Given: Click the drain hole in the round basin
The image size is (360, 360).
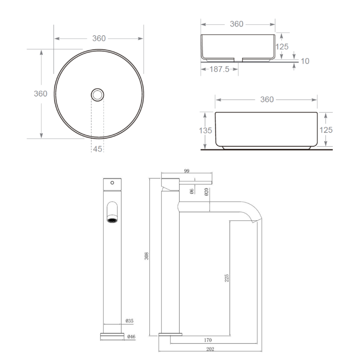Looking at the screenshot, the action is (97, 95).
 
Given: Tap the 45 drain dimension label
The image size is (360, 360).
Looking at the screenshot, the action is (97, 149).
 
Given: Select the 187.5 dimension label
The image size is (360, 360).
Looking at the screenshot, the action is (219, 69).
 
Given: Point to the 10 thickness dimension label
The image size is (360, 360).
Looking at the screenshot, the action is (305, 61).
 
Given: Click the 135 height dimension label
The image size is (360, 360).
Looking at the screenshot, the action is (205, 130).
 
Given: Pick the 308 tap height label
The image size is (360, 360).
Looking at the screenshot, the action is (147, 256).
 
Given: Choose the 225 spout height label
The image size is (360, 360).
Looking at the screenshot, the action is (226, 278).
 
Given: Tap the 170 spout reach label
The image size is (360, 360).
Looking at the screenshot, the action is (208, 340).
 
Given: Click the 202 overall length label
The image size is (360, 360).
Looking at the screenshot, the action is (210, 349).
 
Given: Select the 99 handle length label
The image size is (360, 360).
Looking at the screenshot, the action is (186, 171).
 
